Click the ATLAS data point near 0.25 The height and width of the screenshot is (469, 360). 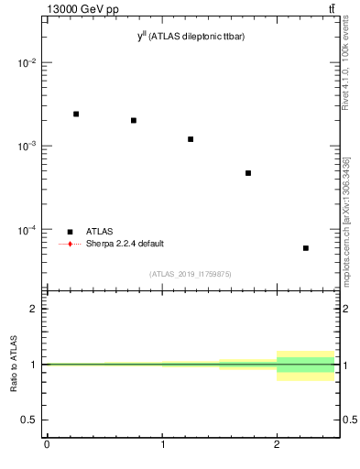[x=76, y=114]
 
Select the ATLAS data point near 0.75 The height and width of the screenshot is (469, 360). [x=134, y=120]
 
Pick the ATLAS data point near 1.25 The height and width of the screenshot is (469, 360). [x=191, y=139]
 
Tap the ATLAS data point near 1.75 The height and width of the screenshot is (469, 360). [x=248, y=173]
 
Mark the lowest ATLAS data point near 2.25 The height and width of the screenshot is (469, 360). [x=306, y=248]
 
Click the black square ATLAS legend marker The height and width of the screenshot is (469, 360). [x=71, y=232]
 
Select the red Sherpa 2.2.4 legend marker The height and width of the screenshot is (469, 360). [x=71, y=244]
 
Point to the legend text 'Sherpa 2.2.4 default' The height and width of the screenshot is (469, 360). [x=125, y=244]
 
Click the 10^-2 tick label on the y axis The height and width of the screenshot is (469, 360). [x=27, y=63]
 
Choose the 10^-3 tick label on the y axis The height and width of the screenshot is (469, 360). [x=27, y=147]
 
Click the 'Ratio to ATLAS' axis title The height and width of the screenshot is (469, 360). [x=13, y=365]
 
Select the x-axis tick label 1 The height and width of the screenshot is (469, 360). [x=162, y=445]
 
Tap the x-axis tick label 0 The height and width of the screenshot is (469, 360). [x=47, y=445]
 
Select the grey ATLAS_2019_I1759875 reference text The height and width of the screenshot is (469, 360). [x=191, y=274]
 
